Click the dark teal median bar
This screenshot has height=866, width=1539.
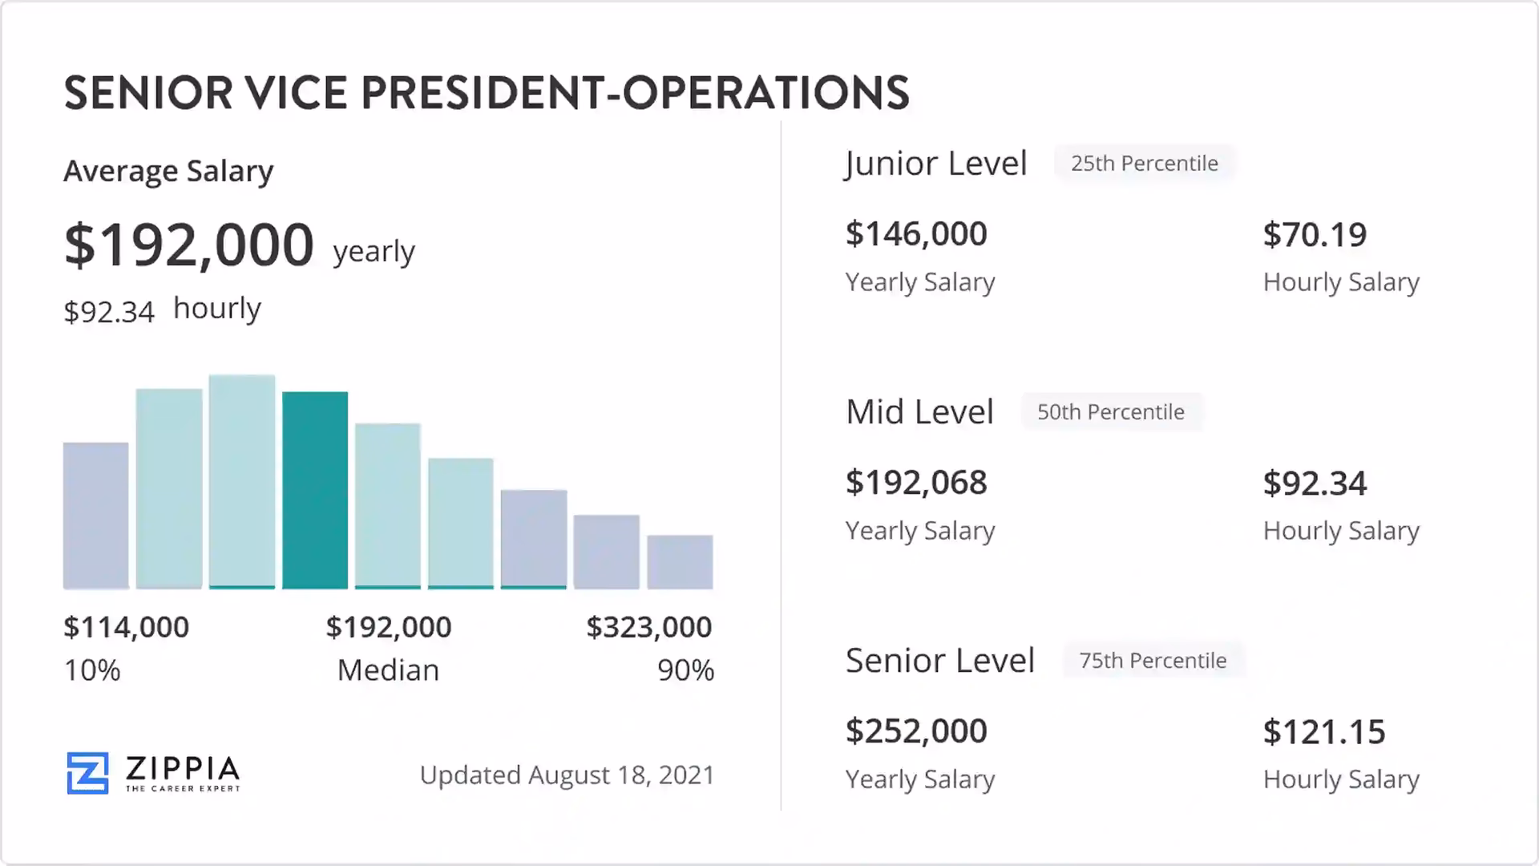pos(315,490)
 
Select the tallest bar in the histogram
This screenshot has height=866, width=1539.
pos(242,481)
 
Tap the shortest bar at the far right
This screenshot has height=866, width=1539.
pos(680,562)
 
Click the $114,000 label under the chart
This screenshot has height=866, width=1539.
pos(127,627)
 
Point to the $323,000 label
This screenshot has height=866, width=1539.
pos(648,627)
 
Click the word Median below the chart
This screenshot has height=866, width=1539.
pos(388,670)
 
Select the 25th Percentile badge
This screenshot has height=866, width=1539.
pos(1144,164)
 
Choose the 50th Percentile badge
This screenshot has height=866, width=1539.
pos(1110,412)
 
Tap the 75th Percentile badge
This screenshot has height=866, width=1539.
pos(1153,661)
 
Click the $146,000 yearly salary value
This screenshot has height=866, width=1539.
pos(916,234)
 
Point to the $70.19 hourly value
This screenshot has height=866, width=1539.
pos(1315,235)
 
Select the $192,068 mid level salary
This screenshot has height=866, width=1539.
pos(916,483)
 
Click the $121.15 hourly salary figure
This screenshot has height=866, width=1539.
pos(1323,732)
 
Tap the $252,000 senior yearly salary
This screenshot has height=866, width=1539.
pos(916,731)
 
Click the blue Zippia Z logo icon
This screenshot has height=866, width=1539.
pos(87,773)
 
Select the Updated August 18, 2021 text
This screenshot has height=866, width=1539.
pos(567,775)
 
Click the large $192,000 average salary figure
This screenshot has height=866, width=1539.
pos(189,245)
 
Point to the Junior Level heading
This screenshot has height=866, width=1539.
pos(935,164)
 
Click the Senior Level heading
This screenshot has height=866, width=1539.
pos(940,661)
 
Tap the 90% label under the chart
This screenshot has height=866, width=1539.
pos(685,670)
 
